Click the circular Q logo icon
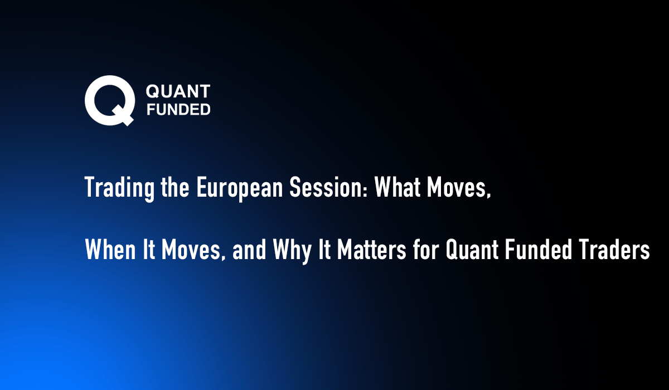coord(109,101)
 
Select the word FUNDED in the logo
coord(177,109)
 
